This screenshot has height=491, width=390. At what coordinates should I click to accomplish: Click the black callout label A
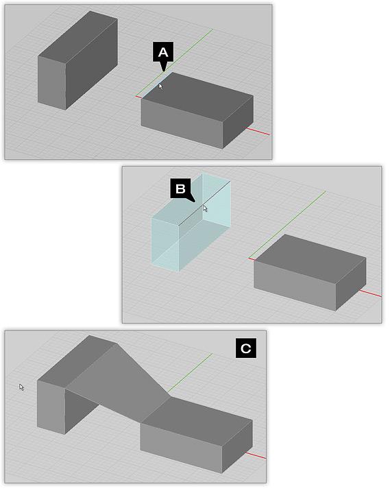tap(163, 53)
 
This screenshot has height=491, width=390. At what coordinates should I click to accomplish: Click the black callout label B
tap(181, 189)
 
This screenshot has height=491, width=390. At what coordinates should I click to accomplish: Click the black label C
tap(246, 348)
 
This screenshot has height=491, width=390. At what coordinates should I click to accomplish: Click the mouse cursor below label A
tap(160, 86)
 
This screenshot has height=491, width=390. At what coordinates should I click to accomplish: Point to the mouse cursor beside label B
tap(205, 208)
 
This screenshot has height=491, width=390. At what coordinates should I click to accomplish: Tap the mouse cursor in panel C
tap(21, 387)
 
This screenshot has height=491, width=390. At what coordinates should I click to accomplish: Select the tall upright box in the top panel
tap(77, 60)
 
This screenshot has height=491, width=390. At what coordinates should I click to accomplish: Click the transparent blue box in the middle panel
tap(191, 222)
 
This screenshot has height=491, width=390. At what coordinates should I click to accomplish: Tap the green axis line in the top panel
tap(174, 62)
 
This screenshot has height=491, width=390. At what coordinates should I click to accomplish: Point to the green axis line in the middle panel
tap(287, 225)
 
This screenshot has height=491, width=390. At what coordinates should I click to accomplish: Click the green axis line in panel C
tap(190, 373)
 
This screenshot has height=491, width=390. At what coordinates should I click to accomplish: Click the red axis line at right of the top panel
tap(258, 132)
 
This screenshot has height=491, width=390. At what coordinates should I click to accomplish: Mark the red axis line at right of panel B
tap(370, 293)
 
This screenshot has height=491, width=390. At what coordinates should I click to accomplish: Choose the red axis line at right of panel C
tap(256, 455)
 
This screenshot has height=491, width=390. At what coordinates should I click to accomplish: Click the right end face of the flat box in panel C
tap(237, 446)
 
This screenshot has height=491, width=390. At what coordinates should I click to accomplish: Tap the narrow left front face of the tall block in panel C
tap(51, 407)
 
